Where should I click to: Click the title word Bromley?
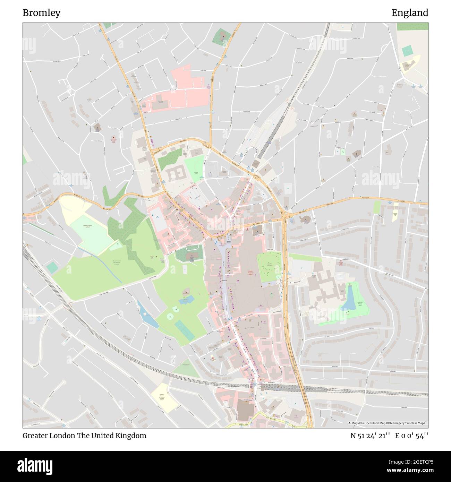coord(41,13)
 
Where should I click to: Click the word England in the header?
coord(410,13)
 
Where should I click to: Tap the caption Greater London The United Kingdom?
coord(84,436)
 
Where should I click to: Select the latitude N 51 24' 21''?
coord(370,436)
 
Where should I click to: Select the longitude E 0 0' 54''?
coord(411,436)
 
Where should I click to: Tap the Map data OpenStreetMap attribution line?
coord(388,423)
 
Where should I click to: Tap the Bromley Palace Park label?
coord(362,304)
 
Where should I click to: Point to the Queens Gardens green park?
coord(269,266)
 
